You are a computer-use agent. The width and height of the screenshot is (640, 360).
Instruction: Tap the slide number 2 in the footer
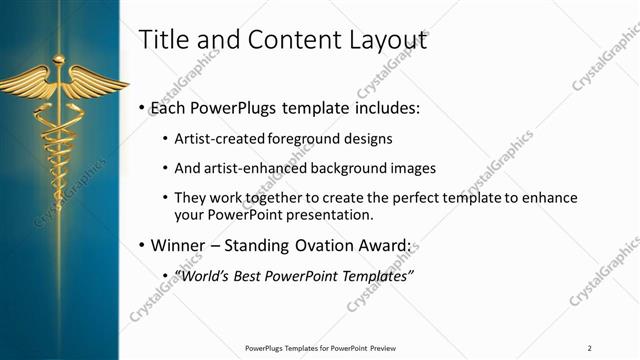589,347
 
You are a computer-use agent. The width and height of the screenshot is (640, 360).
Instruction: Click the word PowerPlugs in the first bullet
227,107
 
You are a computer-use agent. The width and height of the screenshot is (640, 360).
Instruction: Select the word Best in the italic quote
255,276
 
